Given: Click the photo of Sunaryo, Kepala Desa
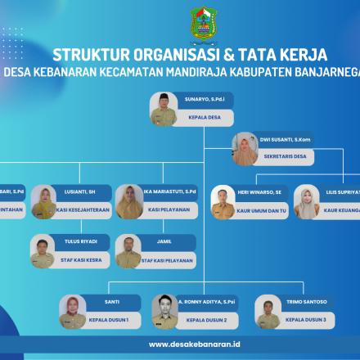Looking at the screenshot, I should tap(164, 109).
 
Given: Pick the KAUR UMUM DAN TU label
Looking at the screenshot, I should tap(263, 210).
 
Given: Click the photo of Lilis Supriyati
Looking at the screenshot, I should tap(308, 202).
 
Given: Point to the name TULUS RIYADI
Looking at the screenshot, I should tap(80, 241).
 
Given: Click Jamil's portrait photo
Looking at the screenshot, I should tap(128, 252).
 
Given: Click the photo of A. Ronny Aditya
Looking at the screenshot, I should tap(164, 310).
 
